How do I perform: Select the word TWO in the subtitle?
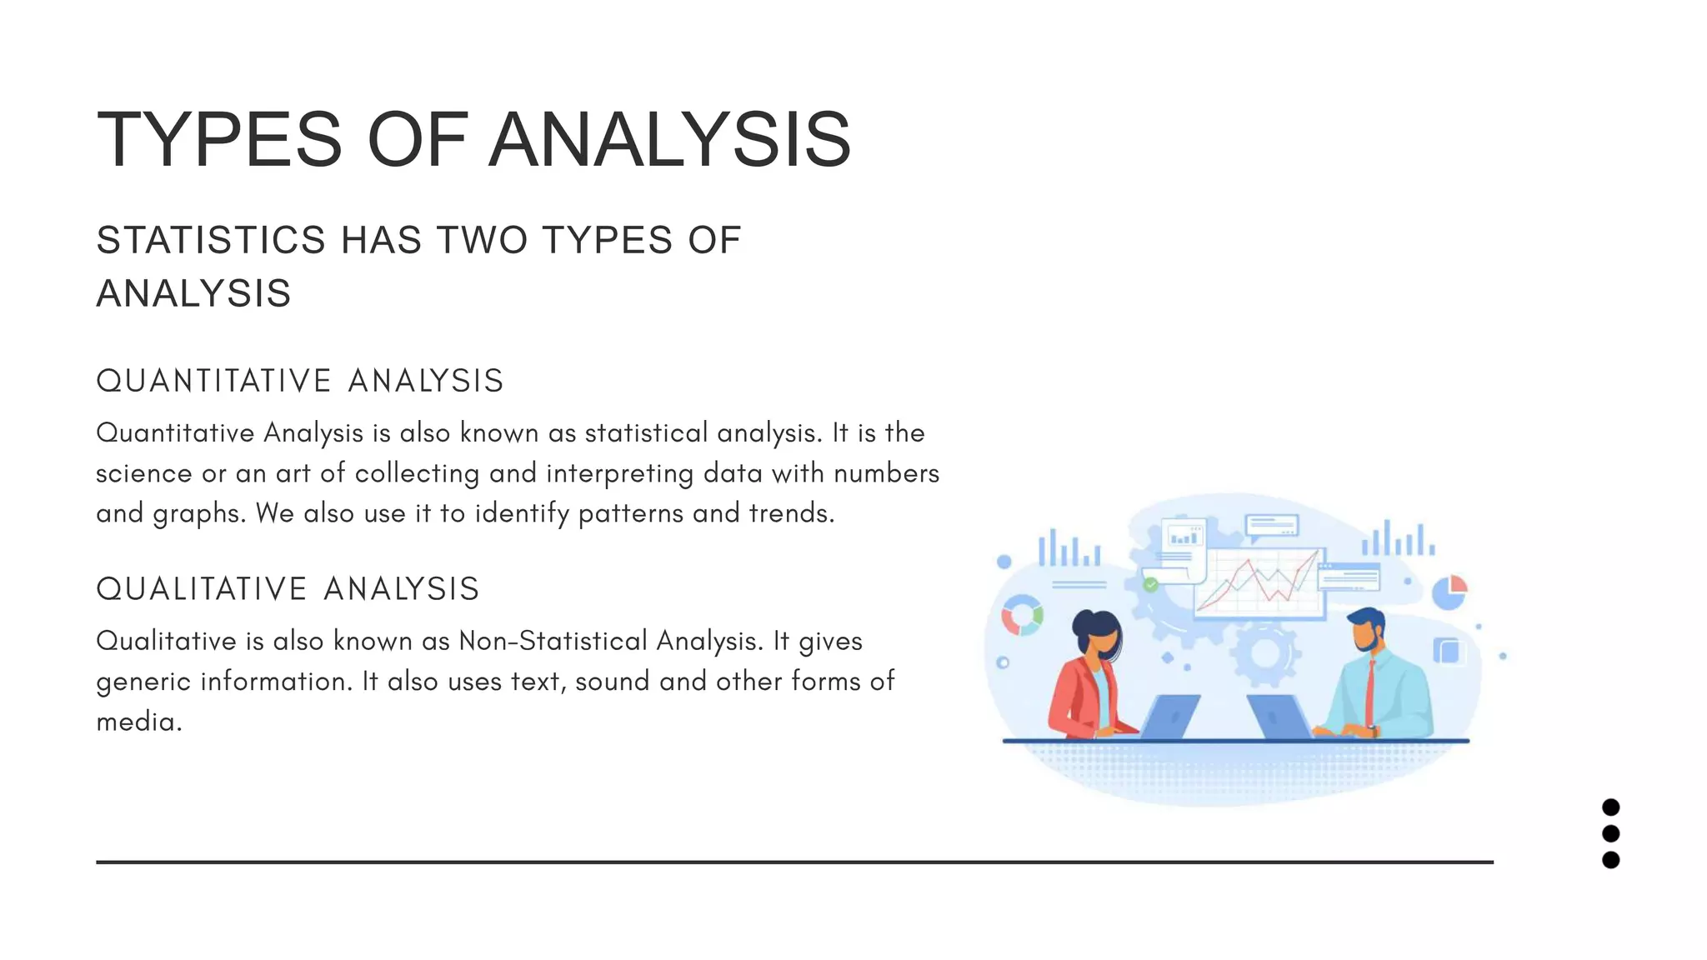[483, 241]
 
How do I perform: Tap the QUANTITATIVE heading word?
[214, 381]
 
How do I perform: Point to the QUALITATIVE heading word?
[203, 589]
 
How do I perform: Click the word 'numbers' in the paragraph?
[887, 473]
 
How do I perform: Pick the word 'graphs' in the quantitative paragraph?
[198, 514]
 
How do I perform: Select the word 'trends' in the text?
[789, 513]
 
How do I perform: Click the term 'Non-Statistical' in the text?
[553, 641]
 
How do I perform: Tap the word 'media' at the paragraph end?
[136, 722]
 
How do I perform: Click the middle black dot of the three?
[1610, 833]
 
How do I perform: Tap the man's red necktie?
[1369, 692]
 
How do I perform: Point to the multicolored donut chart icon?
[1022, 616]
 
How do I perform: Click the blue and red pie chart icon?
[1449, 592]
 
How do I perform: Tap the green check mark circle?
[1151, 585]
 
